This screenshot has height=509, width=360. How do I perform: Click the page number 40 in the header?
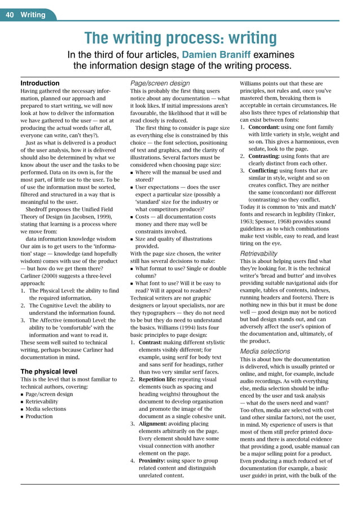(x=10, y=15)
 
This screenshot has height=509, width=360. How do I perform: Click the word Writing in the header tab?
(x=33, y=15)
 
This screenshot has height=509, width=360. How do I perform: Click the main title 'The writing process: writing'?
(x=180, y=38)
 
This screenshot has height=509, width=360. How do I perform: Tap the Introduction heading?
(x=40, y=83)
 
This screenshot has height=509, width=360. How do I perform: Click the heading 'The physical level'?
(x=49, y=371)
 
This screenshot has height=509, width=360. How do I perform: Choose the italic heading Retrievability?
(x=258, y=254)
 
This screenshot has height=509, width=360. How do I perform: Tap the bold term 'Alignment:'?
(x=156, y=423)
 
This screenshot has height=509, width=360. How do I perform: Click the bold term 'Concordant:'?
(x=267, y=127)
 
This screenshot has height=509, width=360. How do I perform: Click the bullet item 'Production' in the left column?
(x=39, y=416)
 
